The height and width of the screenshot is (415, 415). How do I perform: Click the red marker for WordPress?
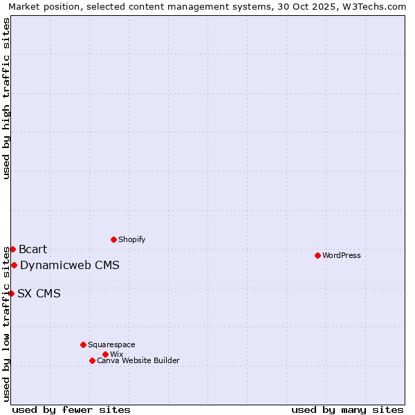(x=317, y=255)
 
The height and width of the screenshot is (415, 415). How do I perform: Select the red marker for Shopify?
(x=113, y=239)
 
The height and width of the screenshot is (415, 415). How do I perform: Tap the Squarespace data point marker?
(x=83, y=344)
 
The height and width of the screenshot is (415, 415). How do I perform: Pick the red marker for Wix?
(x=105, y=354)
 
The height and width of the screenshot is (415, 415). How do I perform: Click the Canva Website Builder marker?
(x=92, y=360)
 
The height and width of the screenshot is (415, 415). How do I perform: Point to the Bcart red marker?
(x=12, y=249)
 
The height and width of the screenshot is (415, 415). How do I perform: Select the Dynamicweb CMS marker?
(x=14, y=265)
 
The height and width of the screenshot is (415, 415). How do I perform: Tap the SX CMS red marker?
(x=11, y=293)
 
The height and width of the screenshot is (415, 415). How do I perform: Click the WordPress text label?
(x=342, y=255)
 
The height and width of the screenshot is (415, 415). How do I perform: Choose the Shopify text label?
(x=132, y=239)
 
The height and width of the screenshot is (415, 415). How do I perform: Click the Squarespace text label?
(x=111, y=344)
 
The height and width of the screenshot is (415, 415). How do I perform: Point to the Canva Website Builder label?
(x=138, y=360)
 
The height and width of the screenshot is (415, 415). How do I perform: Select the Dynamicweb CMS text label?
(x=70, y=265)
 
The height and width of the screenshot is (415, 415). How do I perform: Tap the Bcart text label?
(x=33, y=249)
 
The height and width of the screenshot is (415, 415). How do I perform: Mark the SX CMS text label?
(x=39, y=293)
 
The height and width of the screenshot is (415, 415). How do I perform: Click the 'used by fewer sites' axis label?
(x=71, y=409)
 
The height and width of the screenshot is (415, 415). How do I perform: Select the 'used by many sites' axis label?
(x=347, y=409)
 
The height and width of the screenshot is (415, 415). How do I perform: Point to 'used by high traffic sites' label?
(x=6, y=98)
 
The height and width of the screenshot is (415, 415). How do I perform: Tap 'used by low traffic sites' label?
(x=6, y=324)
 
